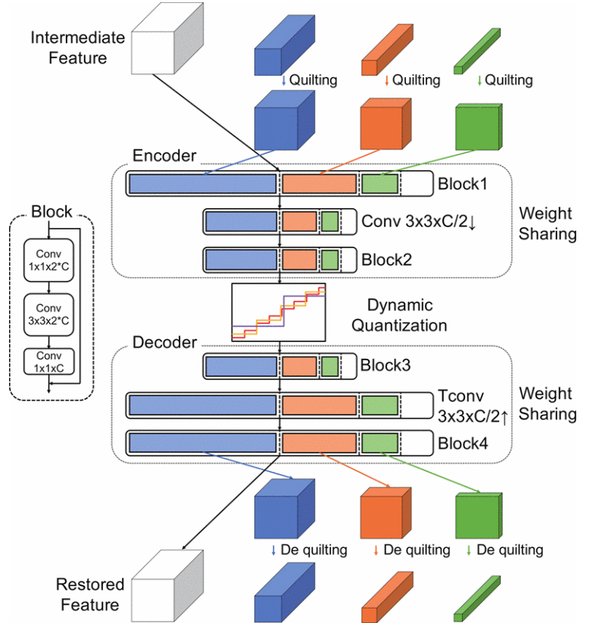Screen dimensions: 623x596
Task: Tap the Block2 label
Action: coord(385,259)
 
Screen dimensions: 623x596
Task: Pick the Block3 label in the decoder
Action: coord(385,366)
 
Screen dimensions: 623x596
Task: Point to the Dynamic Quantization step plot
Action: coord(279,311)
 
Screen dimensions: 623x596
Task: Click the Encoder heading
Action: coord(165,156)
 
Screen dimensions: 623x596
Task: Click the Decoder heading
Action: coord(165,342)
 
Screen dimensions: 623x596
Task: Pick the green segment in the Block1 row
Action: coord(379,184)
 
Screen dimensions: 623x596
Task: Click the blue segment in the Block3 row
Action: coord(240,366)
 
